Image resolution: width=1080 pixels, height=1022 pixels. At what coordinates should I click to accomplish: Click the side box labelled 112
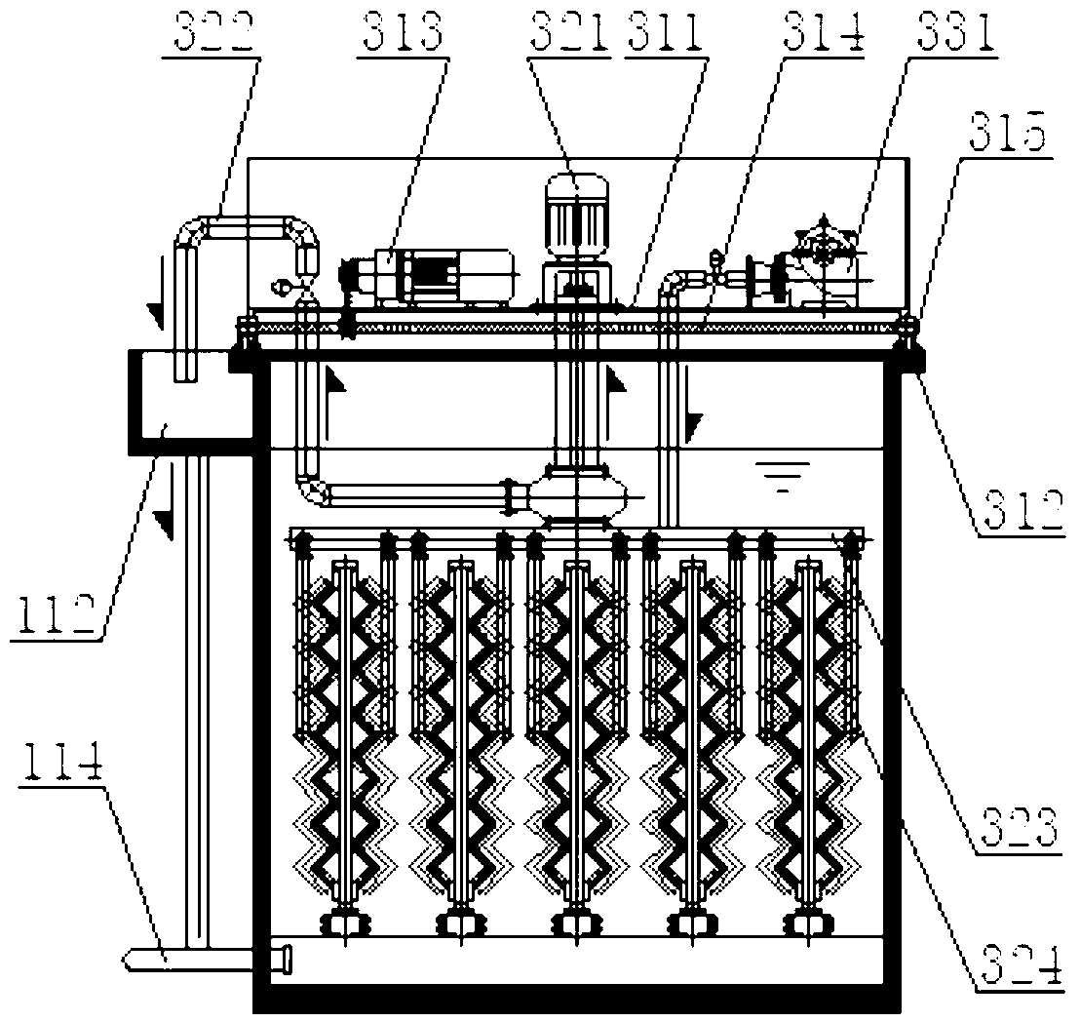pyautogui.click(x=190, y=400)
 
